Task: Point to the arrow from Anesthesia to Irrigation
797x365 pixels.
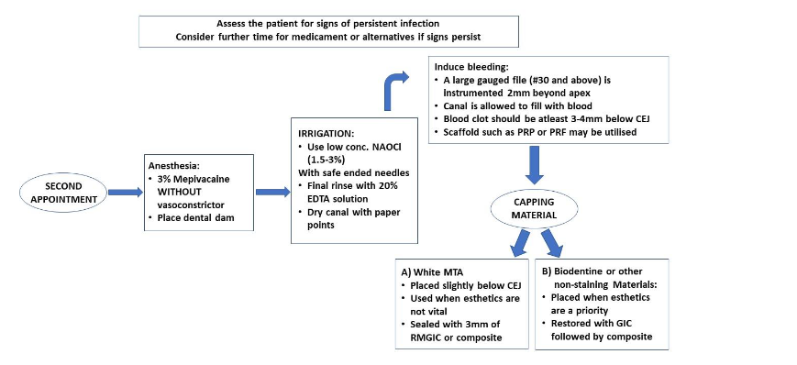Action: pos(269,192)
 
